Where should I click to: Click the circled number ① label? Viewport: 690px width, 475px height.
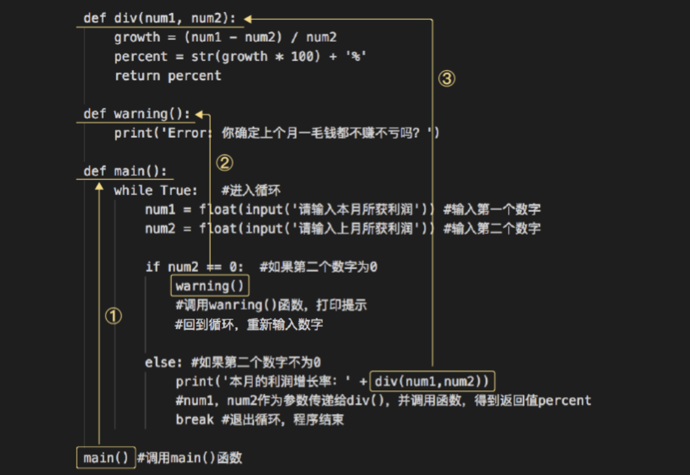click(x=113, y=316)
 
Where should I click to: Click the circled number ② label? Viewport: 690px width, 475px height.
click(x=224, y=163)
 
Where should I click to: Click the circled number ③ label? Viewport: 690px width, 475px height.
click(x=446, y=79)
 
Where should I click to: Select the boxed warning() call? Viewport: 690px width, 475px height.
click(x=210, y=286)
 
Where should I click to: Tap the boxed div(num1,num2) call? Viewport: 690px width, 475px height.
click(x=433, y=381)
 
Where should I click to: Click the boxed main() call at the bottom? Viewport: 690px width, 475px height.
click(x=106, y=458)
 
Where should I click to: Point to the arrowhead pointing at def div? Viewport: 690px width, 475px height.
click(x=248, y=19)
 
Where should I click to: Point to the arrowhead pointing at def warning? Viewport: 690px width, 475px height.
click(x=200, y=114)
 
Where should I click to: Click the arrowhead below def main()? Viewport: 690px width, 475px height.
click(x=99, y=187)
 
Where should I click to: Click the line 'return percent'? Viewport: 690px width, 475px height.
click(x=168, y=75)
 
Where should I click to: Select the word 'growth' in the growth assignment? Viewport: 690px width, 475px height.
click(x=137, y=37)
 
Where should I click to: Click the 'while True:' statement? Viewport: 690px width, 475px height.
click(x=155, y=190)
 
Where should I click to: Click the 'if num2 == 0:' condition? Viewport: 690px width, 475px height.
click(x=194, y=266)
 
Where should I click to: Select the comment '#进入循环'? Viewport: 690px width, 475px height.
click(x=251, y=190)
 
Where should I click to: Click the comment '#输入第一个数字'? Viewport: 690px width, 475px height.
click(x=492, y=209)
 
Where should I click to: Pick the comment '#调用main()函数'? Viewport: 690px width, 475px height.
click(x=189, y=458)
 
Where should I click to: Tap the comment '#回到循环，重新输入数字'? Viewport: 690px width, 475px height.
click(x=249, y=324)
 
